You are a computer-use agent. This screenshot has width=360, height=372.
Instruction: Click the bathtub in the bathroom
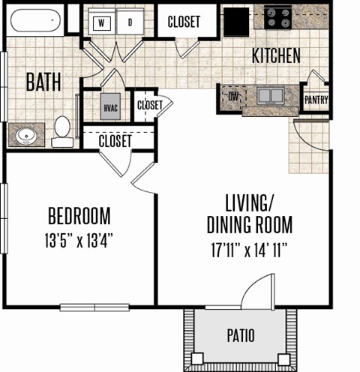point(36,20)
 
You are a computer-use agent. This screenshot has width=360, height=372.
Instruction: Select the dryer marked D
point(130,22)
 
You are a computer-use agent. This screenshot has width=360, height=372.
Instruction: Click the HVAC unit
point(110,106)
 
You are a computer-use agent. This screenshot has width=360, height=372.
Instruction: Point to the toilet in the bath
point(62,131)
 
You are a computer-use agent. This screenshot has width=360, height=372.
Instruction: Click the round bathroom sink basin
point(26,136)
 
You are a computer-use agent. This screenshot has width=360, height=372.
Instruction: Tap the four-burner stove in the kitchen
point(278,18)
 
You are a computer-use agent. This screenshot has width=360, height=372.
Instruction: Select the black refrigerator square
point(236,22)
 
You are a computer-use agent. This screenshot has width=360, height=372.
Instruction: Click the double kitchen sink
point(271,95)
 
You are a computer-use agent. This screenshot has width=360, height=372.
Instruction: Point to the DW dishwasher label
point(233,97)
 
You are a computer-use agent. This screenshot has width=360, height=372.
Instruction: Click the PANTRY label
point(316,100)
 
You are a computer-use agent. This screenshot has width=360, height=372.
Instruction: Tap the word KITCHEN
point(276,55)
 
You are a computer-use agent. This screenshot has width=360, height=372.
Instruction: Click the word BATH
point(43,82)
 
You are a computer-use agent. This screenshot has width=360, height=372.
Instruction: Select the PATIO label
point(241,335)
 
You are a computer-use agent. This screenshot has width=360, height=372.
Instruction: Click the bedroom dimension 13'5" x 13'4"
point(79,240)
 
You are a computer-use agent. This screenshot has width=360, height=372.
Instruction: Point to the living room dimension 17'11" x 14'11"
point(249,250)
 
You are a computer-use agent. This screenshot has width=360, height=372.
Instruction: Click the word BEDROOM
point(79,216)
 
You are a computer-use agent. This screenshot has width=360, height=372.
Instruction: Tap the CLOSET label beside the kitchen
point(184,22)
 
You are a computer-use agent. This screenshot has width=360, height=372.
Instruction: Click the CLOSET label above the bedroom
point(115,141)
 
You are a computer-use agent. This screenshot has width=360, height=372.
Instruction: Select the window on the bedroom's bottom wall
point(94,307)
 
